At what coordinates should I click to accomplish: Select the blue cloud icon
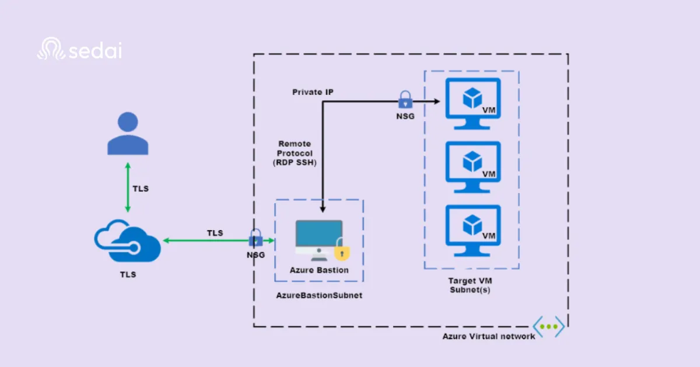point(127,241)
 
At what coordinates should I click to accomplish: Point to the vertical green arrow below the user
point(127,188)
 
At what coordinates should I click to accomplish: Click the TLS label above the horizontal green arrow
point(215,232)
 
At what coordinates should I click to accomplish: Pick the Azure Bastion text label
point(319,270)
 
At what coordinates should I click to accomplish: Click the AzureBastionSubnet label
point(319,295)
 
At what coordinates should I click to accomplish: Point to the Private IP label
point(313,92)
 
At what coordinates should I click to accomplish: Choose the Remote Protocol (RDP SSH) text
point(295,153)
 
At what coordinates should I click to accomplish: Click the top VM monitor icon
point(473,104)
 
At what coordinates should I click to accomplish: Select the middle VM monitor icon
point(473,167)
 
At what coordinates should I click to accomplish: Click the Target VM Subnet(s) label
point(470,285)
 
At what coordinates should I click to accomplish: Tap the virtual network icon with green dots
point(549,326)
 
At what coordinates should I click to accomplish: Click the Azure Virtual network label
point(488,336)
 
